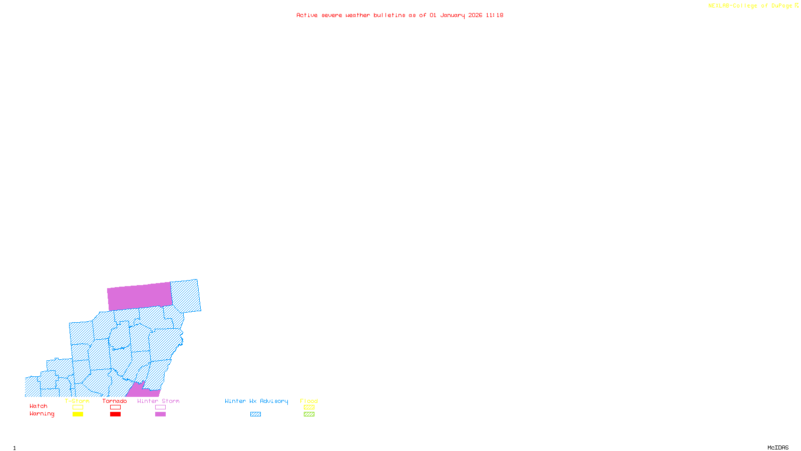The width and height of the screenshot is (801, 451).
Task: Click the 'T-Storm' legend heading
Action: [77, 401]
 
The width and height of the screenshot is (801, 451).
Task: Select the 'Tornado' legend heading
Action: [115, 401]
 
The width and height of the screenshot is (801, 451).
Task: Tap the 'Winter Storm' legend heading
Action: [158, 401]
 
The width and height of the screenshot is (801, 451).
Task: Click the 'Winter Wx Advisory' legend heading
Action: [256, 401]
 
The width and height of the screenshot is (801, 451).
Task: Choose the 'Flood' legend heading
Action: [309, 401]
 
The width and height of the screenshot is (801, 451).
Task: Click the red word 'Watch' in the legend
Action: [39, 406]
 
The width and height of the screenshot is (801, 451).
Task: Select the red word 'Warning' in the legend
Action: [42, 414]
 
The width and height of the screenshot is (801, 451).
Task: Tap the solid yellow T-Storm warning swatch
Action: [78, 414]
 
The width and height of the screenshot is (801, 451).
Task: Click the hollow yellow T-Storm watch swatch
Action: [78, 407]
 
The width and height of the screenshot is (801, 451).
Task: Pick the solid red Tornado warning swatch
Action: [115, 414]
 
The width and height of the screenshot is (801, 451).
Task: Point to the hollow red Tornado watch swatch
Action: [115, 407]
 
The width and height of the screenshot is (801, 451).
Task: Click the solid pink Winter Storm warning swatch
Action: [160, 414]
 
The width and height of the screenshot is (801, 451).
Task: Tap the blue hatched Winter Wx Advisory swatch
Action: [255, 414]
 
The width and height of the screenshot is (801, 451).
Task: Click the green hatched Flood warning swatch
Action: [309, 414]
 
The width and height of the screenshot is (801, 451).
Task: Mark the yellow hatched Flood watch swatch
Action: [309, 407]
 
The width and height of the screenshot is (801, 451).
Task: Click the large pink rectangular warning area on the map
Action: [140, 296]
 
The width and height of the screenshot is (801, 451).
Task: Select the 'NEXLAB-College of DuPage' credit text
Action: [750, 6]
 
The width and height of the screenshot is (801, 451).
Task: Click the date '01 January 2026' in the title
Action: [456, 15]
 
